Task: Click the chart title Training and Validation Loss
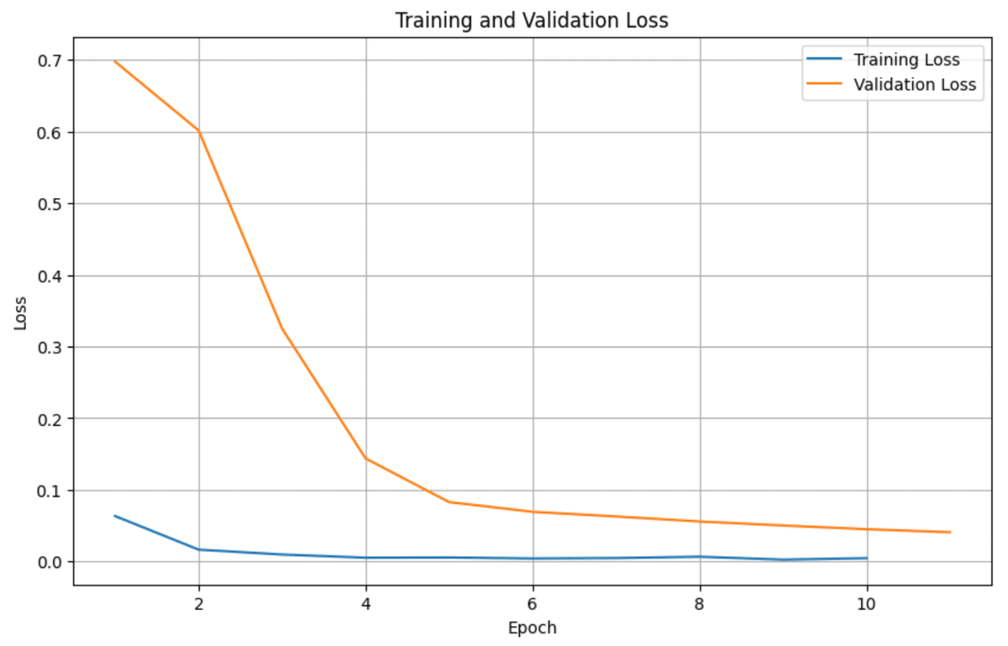coord(532,20)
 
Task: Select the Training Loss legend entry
coord(906,60)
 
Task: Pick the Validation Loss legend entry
coord(914,84)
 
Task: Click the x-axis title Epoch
coord(533,628)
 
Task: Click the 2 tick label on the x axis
coord(199,603)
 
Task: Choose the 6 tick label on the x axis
coord(533,603)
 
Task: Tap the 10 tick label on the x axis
coord(866,603)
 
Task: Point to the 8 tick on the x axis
coord(700,603)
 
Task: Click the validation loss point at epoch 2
coord(199,131)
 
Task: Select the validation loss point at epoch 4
coord(365,459)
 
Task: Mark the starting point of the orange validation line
coord(115,61)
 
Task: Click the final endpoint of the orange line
coord(949,532)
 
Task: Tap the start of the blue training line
coord(115,516)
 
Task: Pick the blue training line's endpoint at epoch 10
coord(866,558)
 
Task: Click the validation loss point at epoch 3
coord(282,328)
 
